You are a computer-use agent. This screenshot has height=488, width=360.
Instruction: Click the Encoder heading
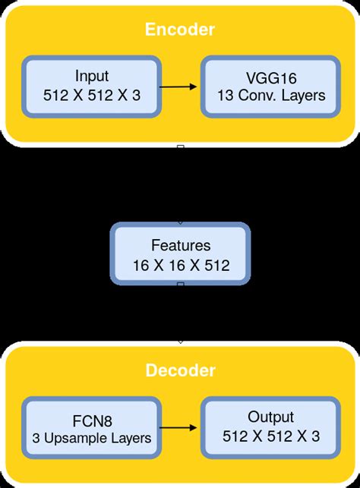180,30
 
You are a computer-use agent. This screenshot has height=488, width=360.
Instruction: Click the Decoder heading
180,371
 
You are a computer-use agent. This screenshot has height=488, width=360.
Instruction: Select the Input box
92,86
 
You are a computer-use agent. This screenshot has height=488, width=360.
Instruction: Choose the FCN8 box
92,427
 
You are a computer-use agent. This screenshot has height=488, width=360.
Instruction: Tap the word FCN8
92,417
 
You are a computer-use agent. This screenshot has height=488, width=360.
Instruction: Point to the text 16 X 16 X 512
180,266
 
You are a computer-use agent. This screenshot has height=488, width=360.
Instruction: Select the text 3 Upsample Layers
92,437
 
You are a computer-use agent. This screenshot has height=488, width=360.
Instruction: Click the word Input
92,76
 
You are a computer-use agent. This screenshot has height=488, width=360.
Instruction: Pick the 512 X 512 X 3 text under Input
92,96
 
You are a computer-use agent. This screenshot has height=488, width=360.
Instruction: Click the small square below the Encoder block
180,146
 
